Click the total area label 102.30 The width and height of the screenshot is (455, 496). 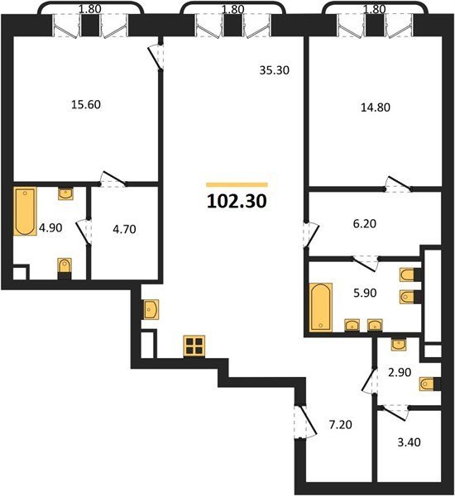pos(237,201)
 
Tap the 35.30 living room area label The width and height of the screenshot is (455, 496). pos(274,70)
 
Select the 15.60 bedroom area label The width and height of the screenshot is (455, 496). pos(86,104)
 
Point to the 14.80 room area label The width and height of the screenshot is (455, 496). pos(376,107)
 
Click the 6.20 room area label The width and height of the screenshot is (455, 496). pos(365,224)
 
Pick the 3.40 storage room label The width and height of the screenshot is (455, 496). pos(409,442)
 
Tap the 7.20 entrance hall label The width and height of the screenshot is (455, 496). pos(340,425)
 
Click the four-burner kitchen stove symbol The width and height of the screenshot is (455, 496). pos(194,346)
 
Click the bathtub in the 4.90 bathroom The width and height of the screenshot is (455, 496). pos(25,211)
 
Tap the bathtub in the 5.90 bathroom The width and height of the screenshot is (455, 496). pos(321,308)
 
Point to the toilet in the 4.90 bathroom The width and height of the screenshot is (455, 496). pos(65,269)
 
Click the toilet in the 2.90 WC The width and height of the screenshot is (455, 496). pos(429,384)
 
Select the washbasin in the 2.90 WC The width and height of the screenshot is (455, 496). pos(399,344)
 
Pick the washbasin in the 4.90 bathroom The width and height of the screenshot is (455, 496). pos(65,193)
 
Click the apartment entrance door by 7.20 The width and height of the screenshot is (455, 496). pos(305,422)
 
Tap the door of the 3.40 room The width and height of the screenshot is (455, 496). pos(395,413)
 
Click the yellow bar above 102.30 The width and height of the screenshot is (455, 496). pos(237,185)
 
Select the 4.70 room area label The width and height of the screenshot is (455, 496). pos(124,229)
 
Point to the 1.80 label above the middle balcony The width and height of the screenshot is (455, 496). pos(232,9)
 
